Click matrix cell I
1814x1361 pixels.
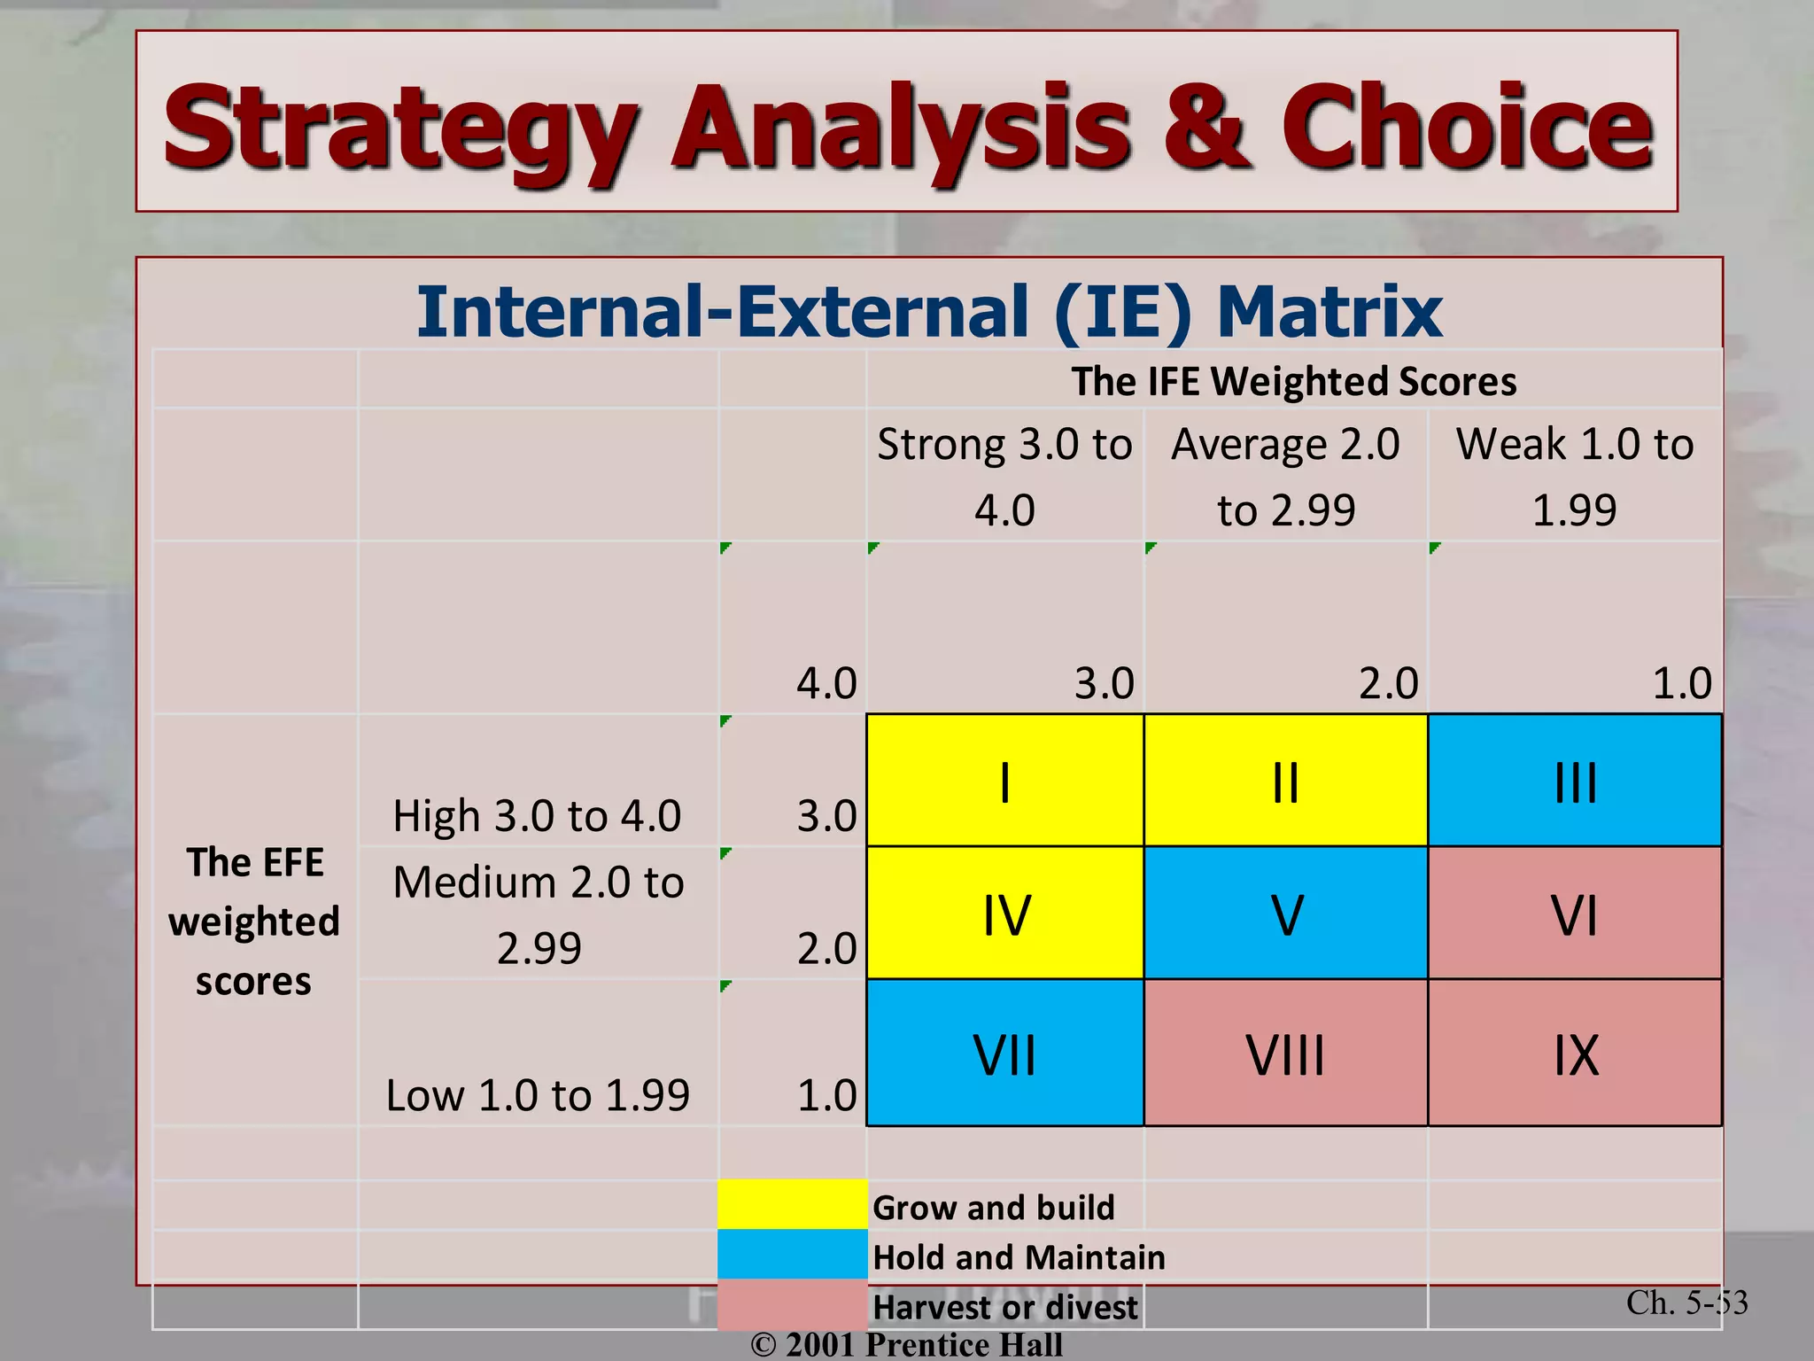coord(1004,781)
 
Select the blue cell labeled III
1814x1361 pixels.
coord(1575,781)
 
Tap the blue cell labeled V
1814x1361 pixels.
coord(1286,914)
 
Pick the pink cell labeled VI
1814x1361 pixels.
coord(1575,914)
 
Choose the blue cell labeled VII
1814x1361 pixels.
coord(1004,1053)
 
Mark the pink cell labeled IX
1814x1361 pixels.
coord(1575,1053)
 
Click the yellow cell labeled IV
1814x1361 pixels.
coord(1004,914)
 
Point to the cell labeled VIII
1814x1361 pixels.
coord(1286,1053)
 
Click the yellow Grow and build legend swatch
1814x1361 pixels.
coord(792,1204)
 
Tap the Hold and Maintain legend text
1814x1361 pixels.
coord(1019,1257)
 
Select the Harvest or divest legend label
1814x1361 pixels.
coord(1004,1307)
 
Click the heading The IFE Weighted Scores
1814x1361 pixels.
coord(1293,381)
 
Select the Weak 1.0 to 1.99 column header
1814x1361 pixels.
coord(1575,476)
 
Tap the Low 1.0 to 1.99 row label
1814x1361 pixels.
coord(538,1095)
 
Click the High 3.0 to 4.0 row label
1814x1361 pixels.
coord(538,815)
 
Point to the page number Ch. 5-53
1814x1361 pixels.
coord(1686,1303)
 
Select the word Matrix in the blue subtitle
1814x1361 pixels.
coord(1329,312)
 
